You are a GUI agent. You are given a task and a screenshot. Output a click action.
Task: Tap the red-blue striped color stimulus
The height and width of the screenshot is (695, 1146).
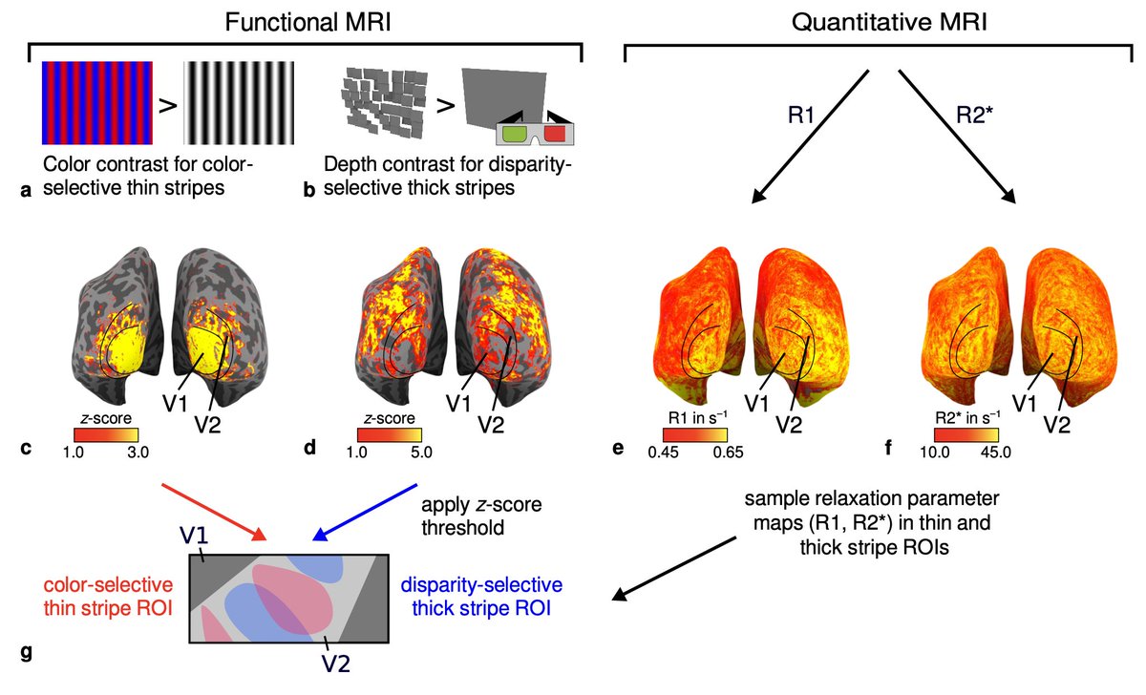(x=96, y=100)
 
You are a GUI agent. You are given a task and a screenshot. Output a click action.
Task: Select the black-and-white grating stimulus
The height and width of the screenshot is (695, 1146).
(x=240, y=100)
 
